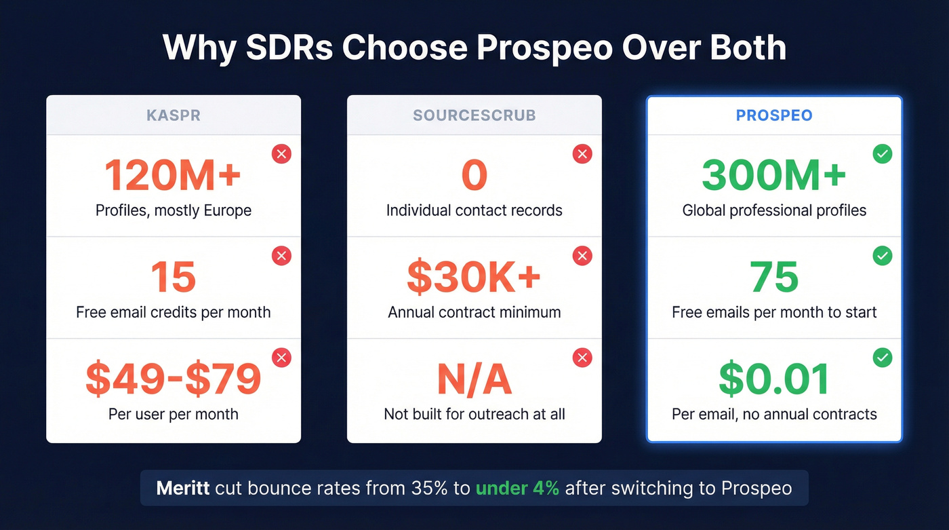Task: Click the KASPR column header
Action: (x=174, y=115)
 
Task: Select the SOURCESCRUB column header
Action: (x=474, y=115)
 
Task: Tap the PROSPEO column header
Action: (x=774, y=115)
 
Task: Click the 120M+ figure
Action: (x=173, y=175)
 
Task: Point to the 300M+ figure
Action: (x=774, y=175)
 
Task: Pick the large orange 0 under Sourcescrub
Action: (x=474, y=175)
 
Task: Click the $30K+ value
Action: (x=474, y=277)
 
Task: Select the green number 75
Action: (x=774, y=277)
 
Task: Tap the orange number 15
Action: (x=174, y=277)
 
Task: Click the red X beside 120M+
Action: (x=281, y=154)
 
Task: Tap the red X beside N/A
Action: (x=582, y=358)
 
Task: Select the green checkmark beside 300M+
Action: (x=883, y=154)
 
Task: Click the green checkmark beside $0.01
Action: (x=883, y=358)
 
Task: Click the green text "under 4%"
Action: (x=517, y=488)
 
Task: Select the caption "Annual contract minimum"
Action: (x=474, y=313)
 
